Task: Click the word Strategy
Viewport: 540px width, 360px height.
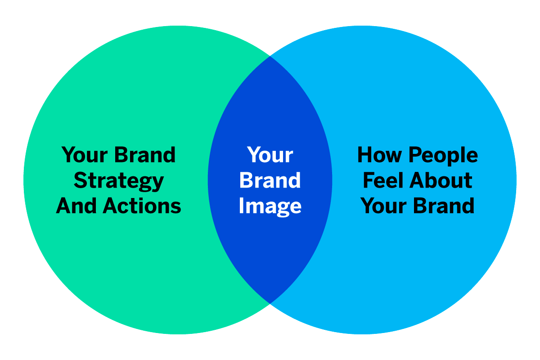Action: click(119, 181)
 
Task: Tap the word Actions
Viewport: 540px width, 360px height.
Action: click(142, 206)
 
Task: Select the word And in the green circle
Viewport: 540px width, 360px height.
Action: click(76, 206)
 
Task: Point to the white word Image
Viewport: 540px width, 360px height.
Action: click(270, 207)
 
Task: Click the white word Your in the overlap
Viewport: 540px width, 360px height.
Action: click(270, 155)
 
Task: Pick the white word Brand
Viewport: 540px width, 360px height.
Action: click(270, 180)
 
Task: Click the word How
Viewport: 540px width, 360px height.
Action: click(380, 155)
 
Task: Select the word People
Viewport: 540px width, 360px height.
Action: click(443, 156)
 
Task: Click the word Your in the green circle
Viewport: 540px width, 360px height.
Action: click(85, 155)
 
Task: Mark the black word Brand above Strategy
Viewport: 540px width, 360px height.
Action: click(145, 155)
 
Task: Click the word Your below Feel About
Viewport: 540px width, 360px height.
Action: click(383, 206)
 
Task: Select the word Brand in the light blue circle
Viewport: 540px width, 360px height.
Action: click(444, 206)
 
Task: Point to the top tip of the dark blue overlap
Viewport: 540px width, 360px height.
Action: click(270, 56)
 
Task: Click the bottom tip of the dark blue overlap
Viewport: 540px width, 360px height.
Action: click(270, 304)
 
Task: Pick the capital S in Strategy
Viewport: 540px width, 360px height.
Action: click(81, 180)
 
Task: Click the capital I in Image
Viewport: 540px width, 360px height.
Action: click(241, 206)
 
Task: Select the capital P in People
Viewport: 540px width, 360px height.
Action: click(416, 155)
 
